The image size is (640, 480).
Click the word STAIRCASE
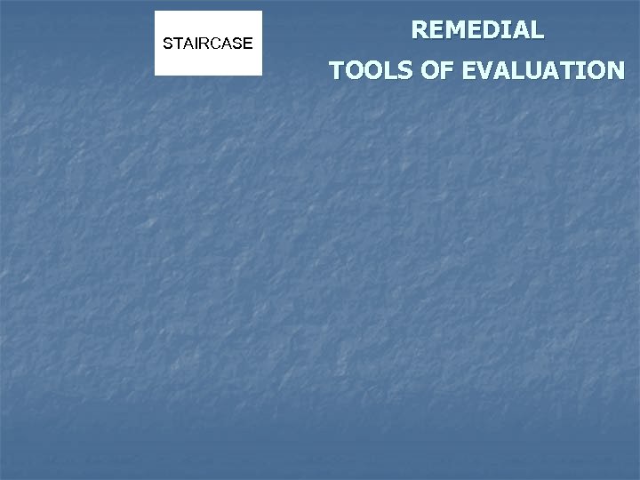pos(208,43)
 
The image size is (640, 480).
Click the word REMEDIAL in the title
pos(477,30)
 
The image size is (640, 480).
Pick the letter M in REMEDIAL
pos(453,30)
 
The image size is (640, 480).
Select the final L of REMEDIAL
pos(537,30)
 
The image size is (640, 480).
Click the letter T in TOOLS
pos(337,70)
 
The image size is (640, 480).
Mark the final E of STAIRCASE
pos(248,43)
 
